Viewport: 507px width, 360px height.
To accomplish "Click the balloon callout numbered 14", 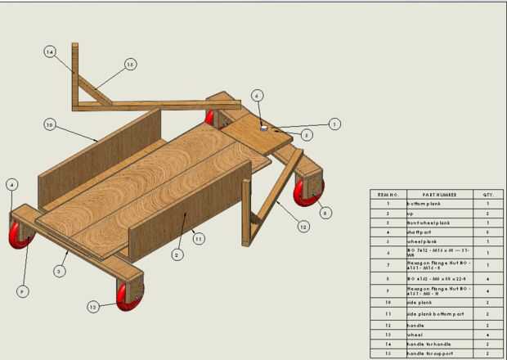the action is pos(50,52).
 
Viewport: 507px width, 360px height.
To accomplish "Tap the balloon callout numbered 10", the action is pos(49,124).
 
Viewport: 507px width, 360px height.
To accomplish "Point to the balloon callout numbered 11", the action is pos(197,237).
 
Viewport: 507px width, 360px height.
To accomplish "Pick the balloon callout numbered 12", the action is pos(303,226).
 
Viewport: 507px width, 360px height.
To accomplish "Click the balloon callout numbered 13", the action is pos(93,306).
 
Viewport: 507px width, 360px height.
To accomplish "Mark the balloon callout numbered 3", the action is pos(60,270).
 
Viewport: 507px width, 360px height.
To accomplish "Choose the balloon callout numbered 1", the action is pos(334,124).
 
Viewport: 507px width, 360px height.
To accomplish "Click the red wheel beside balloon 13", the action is pos(128,297).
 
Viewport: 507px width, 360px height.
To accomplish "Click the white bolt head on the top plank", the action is pos(264,127).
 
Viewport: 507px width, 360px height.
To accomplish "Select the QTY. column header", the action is pos(488,195).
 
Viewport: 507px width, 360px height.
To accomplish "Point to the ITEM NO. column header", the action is pos(388,195).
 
